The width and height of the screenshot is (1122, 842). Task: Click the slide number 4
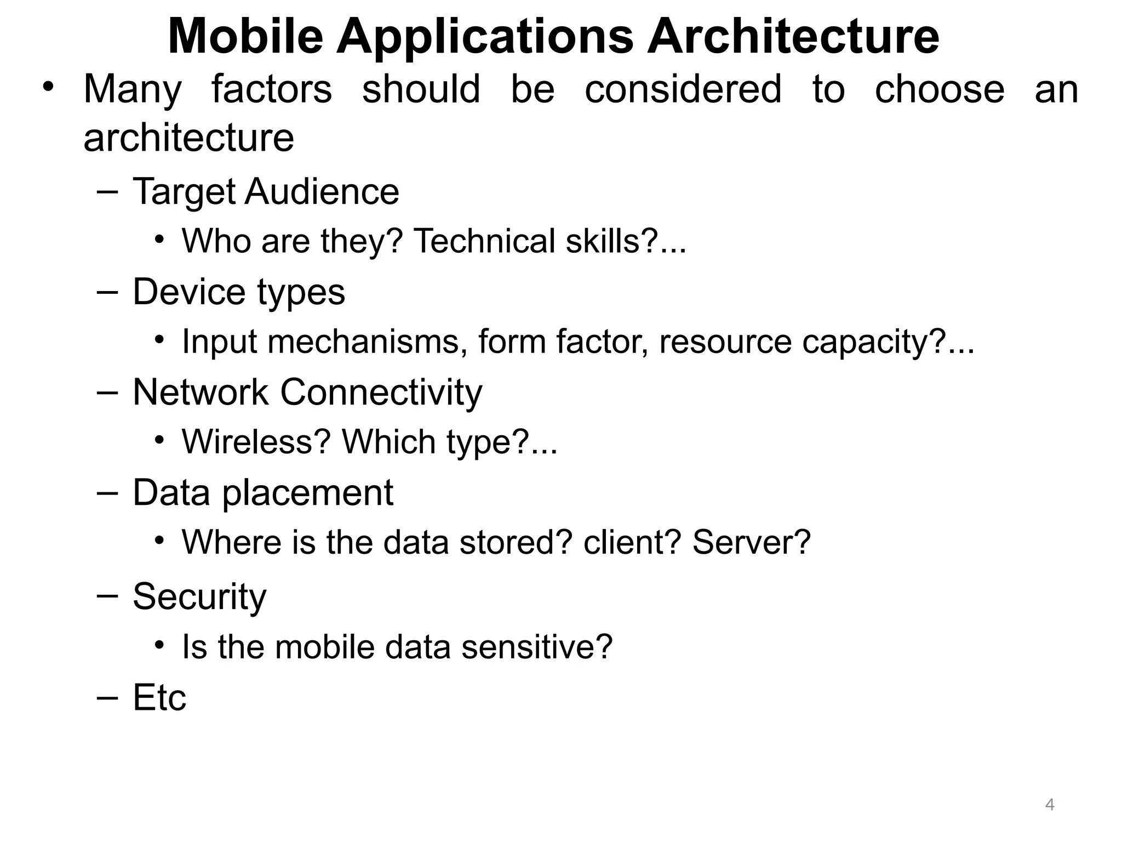1050,805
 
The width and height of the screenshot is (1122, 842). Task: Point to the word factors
272,89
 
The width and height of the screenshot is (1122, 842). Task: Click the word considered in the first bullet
683,89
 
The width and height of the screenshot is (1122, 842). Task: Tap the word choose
940,89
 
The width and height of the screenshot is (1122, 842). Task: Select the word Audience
322,192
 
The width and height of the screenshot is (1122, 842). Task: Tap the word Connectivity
381,392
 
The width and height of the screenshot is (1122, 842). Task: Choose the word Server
751,542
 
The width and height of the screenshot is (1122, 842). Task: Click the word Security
199,597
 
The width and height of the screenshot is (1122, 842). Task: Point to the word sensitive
536,647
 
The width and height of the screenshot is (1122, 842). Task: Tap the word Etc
159,698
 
